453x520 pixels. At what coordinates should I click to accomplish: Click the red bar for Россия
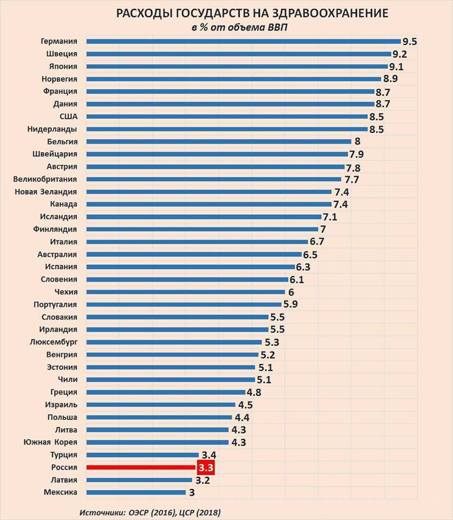click(x=141, y=467)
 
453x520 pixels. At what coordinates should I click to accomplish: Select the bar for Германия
click(x=244, y=42)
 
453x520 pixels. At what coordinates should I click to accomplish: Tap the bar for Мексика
click(x=136, y=492)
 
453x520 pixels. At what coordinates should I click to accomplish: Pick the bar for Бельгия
click(x=219, y=141)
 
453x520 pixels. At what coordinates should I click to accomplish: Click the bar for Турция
click(x=142, y=454)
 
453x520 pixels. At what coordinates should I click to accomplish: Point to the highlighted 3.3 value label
click(x=206, y=467)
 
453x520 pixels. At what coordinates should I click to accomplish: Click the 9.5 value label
click(x=410, y=42)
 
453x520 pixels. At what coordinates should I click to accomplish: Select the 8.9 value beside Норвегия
click(x=390, y=79)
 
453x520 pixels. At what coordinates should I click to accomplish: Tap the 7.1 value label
click(x=330, y=217)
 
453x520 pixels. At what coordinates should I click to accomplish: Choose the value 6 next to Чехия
click(x=291, y=292)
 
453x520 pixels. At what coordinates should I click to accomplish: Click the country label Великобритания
click(x=45, y=179)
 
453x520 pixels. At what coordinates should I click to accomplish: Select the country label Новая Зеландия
click(x=45, y=192)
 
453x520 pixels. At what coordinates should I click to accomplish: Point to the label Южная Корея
click(x=50, y=442)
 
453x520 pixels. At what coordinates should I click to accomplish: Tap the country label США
click(x=69, y=117)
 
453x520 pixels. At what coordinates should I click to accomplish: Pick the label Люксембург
click(x=54, y=342)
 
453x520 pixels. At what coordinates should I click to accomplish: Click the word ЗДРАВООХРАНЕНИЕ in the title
click(x=330, y=13)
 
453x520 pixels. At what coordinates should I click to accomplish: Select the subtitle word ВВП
click(x=278, y=27)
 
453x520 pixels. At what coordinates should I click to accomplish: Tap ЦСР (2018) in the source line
click(x=200, y=512)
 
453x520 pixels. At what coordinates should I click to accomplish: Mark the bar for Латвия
click(x=139, y=480)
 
